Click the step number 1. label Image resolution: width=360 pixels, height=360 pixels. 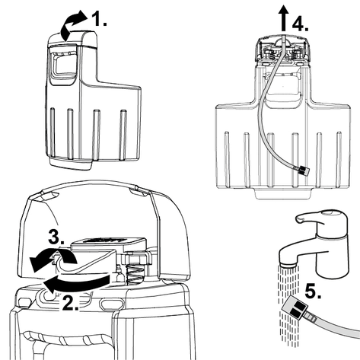(x=99, y=18)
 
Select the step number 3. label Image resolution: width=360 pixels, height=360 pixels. (x=56, y=237)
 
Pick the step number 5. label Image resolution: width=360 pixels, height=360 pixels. (x=313, y=292)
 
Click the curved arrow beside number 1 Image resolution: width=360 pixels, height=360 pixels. (x=72, y=25)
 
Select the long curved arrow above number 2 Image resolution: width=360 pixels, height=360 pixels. (x=76, y=282)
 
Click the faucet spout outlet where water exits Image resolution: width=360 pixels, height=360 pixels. (x=288, y=265)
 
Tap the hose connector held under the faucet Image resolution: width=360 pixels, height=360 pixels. (x=295, y=307)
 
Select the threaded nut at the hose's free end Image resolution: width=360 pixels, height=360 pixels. (x=304, y=170)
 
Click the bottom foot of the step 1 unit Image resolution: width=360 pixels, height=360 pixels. (x=71, y=164)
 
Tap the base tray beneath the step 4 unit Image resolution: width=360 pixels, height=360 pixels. (x=282, y=193)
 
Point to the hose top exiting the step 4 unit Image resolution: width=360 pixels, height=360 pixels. (x=284, y=40)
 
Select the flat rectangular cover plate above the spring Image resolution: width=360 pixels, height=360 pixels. (x=109, y=243)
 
